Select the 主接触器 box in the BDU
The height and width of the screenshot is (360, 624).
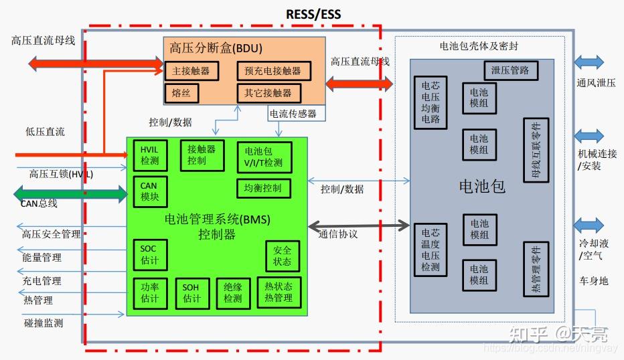[x=191, y=70]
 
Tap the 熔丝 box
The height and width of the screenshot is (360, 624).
[x=181, y=92]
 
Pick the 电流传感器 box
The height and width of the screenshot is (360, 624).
[x=293, y=114]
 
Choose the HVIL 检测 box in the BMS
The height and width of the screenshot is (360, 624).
[x=149, y=155]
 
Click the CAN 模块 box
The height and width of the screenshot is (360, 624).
[x=149, y=191]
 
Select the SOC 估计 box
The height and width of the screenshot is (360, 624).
[x=149, y=255]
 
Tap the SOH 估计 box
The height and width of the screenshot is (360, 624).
[x=191, y=293]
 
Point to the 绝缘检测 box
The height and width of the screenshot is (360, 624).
[x=232, y=293]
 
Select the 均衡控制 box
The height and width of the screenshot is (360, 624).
[x=263, y=188]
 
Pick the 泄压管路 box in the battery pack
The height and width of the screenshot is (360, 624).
[x=510, y=70]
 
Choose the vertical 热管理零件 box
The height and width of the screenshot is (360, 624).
[x=536, y=268]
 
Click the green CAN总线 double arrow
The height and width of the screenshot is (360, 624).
[x=71, y=195]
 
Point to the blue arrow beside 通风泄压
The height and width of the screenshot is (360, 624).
[x=589, y=63]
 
